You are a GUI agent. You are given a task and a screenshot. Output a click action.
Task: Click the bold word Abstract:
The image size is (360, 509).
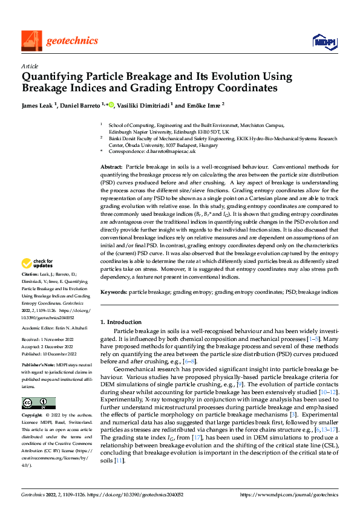tap(112, 166)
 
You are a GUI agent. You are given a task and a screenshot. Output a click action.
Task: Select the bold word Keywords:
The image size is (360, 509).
tap(113, 292)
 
